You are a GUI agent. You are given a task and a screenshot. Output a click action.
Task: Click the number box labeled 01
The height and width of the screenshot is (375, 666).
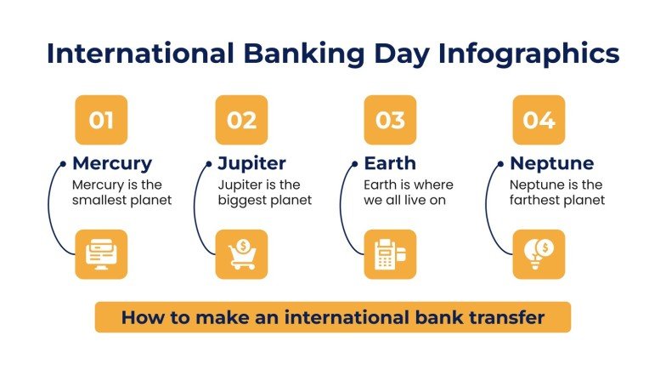[101, 120]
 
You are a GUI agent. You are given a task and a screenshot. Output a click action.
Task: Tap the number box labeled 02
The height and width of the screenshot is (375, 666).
[241, 120]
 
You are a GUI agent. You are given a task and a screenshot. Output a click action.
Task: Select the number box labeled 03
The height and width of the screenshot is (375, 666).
[390, 120]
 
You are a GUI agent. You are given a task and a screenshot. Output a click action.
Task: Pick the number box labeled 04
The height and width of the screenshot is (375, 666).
[539, 120]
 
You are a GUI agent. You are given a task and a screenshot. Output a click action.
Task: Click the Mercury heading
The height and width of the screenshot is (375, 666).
[112, 163]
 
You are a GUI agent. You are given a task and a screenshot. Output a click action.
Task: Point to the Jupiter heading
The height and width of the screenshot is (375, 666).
[251, 163]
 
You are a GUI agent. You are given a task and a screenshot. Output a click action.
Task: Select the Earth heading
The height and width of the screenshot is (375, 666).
[391, 163]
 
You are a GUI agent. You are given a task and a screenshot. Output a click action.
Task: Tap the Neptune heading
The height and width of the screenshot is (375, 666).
[551, 163]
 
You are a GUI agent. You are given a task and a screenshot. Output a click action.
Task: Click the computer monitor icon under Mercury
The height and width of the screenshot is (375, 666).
[101, 254]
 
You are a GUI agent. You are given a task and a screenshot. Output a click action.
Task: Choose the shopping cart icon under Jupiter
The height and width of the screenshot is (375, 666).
[241, 254]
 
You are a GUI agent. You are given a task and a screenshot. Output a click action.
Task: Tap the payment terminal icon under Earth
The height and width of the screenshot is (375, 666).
[390, 254]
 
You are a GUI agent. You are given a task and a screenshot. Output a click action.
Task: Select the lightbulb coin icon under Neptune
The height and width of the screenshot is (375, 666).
[539, 254]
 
